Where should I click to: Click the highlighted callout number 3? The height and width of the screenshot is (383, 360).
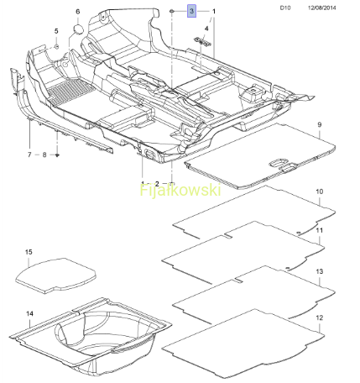[x=191, y=11]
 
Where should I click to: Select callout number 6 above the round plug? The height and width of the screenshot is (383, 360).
[x=78, y=12]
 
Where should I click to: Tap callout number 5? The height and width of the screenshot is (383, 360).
[x=56, y=31]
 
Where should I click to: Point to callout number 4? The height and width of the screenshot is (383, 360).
[x=206, y=29]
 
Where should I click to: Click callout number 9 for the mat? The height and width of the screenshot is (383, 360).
[x=320, y=124]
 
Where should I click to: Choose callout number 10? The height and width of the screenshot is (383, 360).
[x=320, y=191]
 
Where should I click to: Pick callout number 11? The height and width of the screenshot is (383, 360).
[x=320, y=230]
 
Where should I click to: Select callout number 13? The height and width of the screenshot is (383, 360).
[x=320, y=271]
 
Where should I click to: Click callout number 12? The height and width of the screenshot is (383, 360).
[x=320, y=317]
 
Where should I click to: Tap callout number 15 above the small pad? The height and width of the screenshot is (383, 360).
[x=29, y=252]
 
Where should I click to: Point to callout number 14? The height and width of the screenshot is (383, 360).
[x=30, y=313]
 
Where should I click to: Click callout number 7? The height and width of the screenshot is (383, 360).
[x=29, y=155]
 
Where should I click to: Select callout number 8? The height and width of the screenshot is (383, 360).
[x=44, y=155]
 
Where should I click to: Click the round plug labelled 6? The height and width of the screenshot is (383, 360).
[x=78, y=29]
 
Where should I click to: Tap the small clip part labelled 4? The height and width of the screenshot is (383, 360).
[x=202, y=41]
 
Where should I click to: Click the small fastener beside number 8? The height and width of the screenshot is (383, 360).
[x=58, y=155]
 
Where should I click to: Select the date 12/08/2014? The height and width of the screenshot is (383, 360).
[x=322, y=8]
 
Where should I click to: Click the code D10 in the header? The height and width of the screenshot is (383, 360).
[x=285, y=8]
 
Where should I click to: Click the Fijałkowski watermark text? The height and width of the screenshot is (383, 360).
[x=180, y=191]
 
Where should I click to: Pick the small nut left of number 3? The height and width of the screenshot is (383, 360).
[x=172, y=11]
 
